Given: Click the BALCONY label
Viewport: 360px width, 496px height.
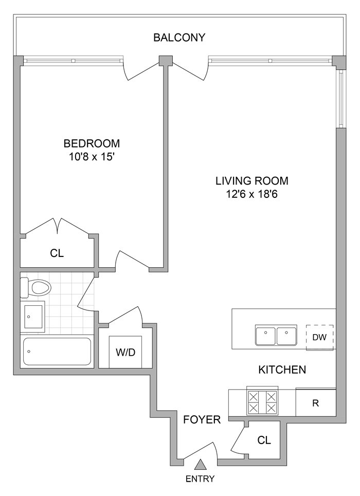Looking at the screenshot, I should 179,38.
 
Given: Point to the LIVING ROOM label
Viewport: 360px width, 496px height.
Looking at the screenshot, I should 251,181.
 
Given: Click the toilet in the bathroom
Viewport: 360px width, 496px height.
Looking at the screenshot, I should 32,288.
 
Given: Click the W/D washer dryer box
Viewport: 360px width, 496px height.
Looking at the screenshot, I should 125,353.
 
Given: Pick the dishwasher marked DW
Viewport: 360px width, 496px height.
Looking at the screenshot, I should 320,337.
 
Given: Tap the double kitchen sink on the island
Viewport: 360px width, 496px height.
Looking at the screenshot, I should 277,336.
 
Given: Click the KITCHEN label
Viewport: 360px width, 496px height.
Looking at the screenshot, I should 282,370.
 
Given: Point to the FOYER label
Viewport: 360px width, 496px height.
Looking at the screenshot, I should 202,419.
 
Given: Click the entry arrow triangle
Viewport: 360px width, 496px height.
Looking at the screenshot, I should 201,465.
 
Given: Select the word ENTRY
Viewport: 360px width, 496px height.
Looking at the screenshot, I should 201,479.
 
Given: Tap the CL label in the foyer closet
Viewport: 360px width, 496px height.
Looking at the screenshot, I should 264,440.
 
